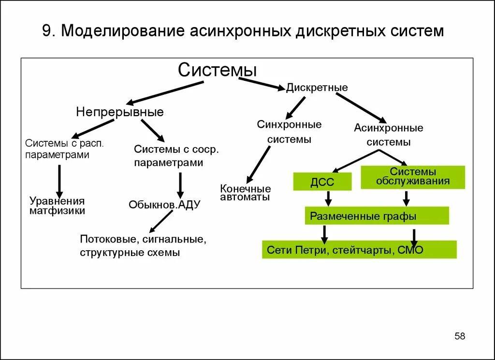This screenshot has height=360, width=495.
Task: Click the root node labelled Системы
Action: (217, 70)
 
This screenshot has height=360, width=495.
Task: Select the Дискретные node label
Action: (317, 88)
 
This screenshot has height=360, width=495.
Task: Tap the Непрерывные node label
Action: (120, 112)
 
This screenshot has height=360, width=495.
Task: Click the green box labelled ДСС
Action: (322, 182)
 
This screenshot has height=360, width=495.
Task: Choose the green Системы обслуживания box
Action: (413, 177)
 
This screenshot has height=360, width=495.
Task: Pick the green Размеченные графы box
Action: (377, 216)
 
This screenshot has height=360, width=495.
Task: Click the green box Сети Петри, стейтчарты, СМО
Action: (359, 250)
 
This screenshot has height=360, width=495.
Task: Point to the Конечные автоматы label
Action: (246, 193)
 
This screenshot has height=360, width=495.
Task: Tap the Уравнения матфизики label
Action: (57, 206)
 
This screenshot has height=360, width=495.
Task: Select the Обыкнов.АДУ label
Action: (164, 205)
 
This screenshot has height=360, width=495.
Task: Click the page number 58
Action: (460, 336)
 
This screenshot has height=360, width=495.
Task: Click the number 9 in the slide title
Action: (46, 31)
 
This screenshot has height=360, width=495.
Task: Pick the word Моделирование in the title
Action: (122, 31)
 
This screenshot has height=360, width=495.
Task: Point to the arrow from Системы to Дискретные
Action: (261, 83)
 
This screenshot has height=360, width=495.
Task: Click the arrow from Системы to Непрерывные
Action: (164, 92)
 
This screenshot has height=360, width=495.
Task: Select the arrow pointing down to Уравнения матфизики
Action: (59, 180)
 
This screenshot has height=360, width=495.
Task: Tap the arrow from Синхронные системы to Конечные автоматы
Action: (259, 165)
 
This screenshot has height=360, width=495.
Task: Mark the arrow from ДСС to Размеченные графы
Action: (328, 197)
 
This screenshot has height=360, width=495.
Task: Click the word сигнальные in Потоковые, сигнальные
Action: (178, 240)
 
